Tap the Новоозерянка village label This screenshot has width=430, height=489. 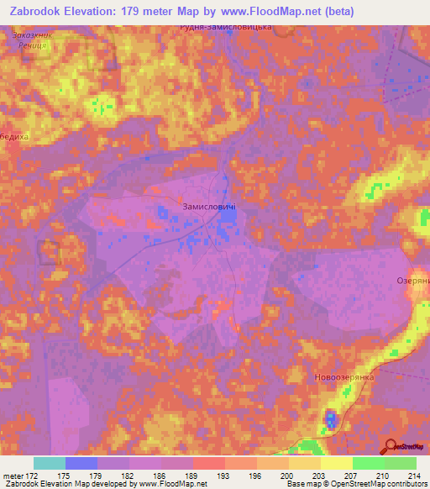343,378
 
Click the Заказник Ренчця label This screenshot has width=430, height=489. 34,41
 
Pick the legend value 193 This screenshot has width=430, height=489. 224,476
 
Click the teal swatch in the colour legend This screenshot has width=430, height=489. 50,463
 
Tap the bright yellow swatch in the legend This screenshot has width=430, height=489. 336,463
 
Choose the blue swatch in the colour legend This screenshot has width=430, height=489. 81,463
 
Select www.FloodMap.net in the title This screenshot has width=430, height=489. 279,11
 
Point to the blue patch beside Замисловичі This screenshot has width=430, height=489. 227,216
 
